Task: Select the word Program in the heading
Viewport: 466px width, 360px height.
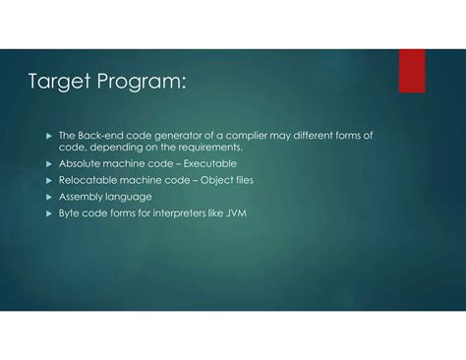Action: pos(140,83)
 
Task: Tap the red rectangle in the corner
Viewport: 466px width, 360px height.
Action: pos(412,71)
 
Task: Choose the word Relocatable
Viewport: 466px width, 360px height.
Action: pos(88,181)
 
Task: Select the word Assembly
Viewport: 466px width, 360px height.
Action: pos(83,197)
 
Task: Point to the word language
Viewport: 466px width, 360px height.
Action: pos(131,197)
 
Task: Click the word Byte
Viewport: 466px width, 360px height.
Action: pos(71,212)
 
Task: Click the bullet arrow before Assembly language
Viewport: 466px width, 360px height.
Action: pos(48,197)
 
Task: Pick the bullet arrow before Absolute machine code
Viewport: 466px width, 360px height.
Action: pos(48,164)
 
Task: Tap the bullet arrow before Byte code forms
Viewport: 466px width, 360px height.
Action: pos(48,212)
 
